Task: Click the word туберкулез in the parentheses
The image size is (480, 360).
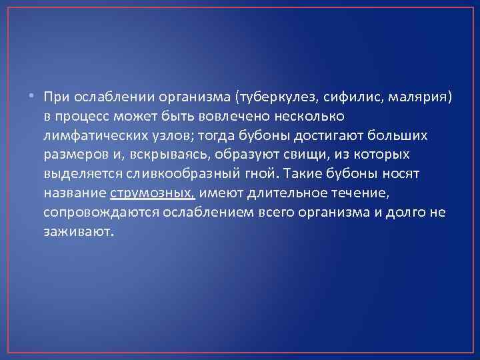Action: [x=279, y=97]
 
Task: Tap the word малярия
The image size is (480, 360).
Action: [x=417, y=97]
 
